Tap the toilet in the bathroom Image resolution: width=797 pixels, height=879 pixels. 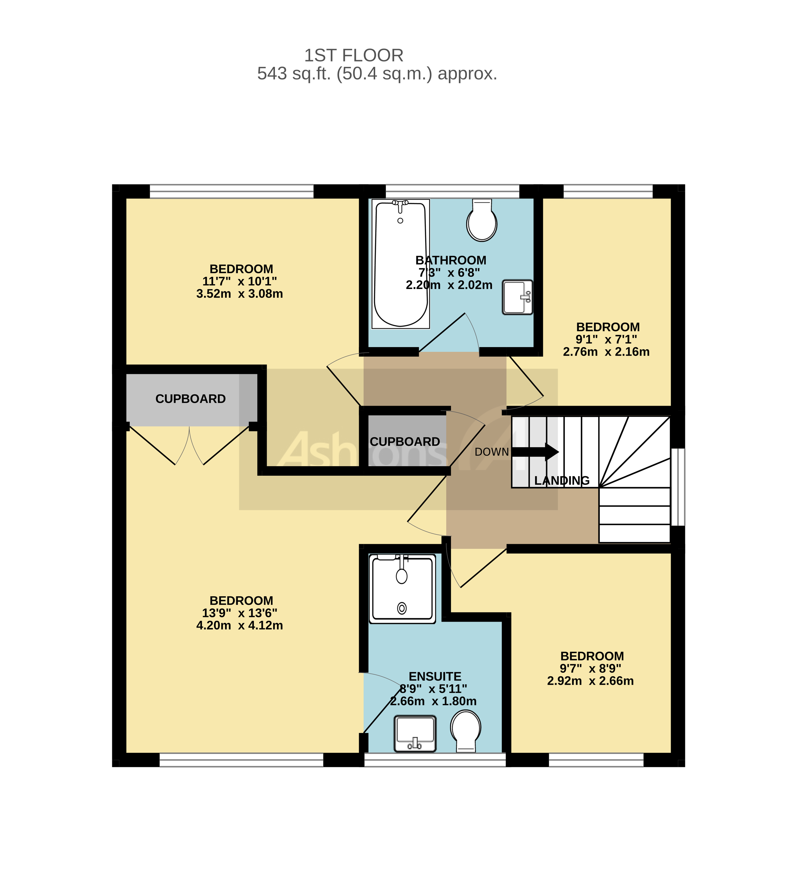481,222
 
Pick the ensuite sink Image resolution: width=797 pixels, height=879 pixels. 415,733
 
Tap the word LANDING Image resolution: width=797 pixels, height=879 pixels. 562,480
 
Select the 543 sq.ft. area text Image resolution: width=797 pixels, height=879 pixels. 377,74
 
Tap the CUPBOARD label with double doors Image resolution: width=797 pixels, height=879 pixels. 190,399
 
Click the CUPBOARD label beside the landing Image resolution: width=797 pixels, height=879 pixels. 405,441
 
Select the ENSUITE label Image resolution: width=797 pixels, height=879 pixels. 435,676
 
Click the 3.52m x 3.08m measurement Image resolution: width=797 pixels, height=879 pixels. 239,294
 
